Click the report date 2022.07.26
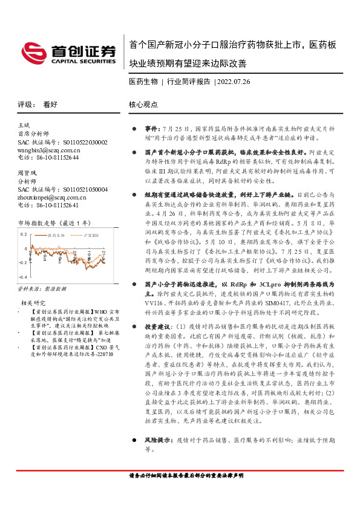coord(230,81)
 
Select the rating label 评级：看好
coord(38,104)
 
